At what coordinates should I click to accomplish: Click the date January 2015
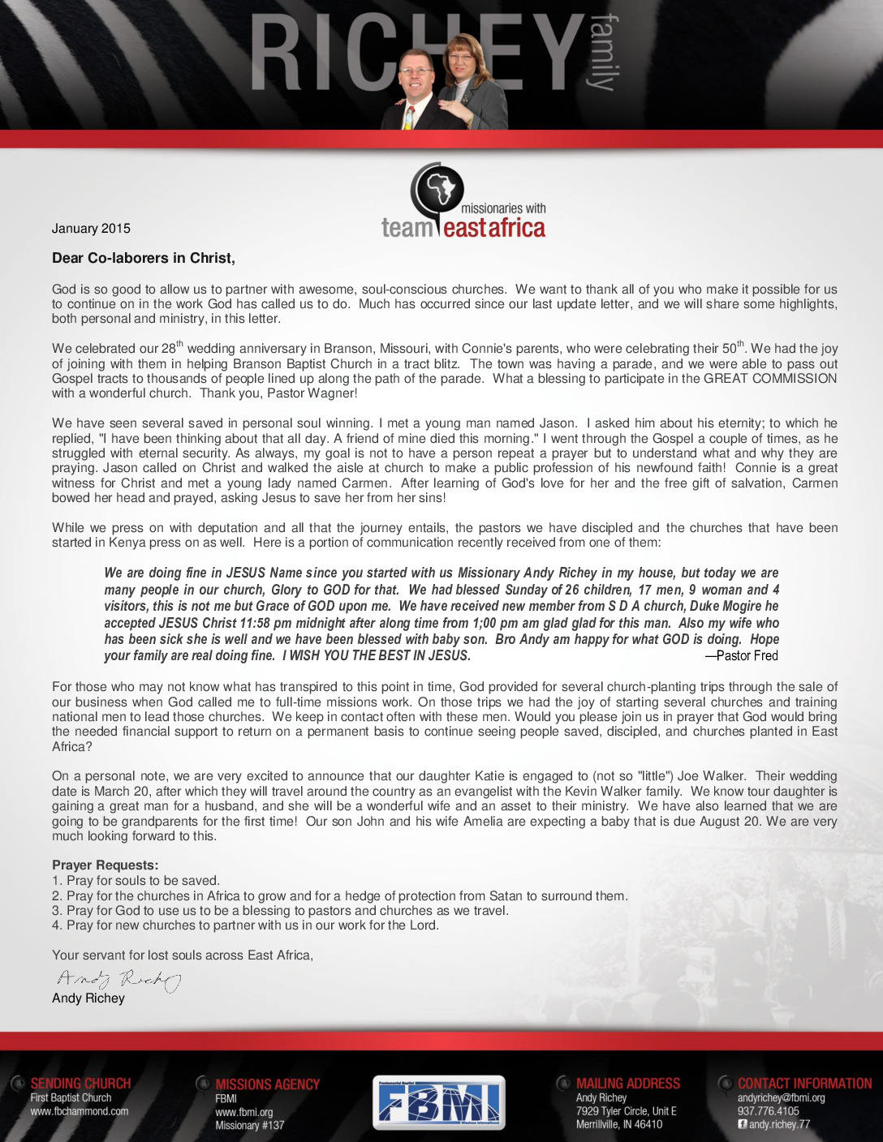point(91,229)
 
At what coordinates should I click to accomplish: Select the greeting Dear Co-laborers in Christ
point(144,258)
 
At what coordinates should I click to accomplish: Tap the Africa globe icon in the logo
point(439,190)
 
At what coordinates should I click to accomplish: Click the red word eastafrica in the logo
point(494,229)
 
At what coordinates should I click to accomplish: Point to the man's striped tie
point(409,117)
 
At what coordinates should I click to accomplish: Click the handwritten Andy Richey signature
point(118,980)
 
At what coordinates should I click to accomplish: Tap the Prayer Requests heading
point(106,865)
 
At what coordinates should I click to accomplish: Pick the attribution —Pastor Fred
point(741,655)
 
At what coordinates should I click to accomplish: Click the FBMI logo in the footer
point(438,1102)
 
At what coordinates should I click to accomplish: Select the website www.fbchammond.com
point(80,1111)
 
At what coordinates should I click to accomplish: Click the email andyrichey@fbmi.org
point(781,1097)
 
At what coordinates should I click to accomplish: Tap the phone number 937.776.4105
point(768,1111)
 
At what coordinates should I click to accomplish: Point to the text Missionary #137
point(250,1125)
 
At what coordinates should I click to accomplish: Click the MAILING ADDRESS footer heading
point(627,1084)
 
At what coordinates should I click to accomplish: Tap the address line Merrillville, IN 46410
point(619,1124)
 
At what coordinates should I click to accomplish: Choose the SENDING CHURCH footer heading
point(80,1084)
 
